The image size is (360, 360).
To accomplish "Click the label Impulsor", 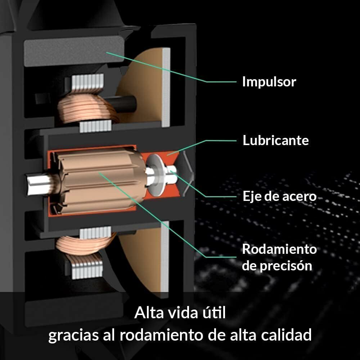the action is [x=269, y=82].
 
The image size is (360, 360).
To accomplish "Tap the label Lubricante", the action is [x=275, y=140].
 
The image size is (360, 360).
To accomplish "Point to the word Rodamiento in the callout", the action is [x=279, y=249].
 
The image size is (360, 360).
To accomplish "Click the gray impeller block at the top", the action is [x=74, y=51].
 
